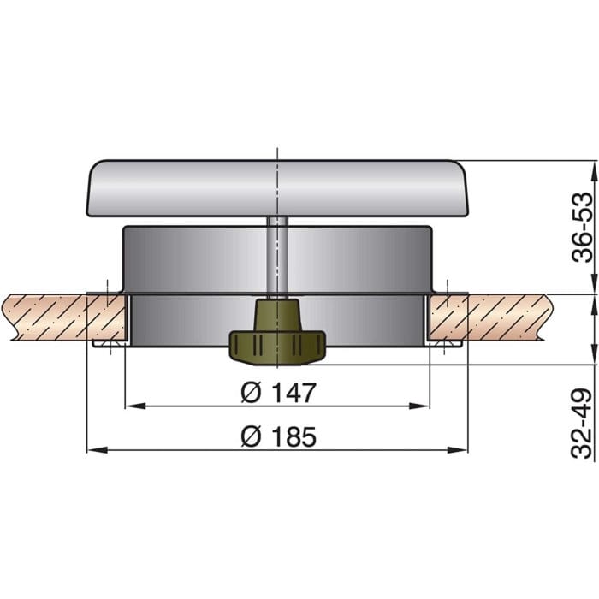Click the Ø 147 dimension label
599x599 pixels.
point(279,393)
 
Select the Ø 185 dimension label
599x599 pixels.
point(279,437)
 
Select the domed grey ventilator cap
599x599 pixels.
point(279,187)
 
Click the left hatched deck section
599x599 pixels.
point(51,317)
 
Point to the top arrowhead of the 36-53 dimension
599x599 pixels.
point(571,165)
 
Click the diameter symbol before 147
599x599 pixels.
point(250,393)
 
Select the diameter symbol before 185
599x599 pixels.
point(250,437)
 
